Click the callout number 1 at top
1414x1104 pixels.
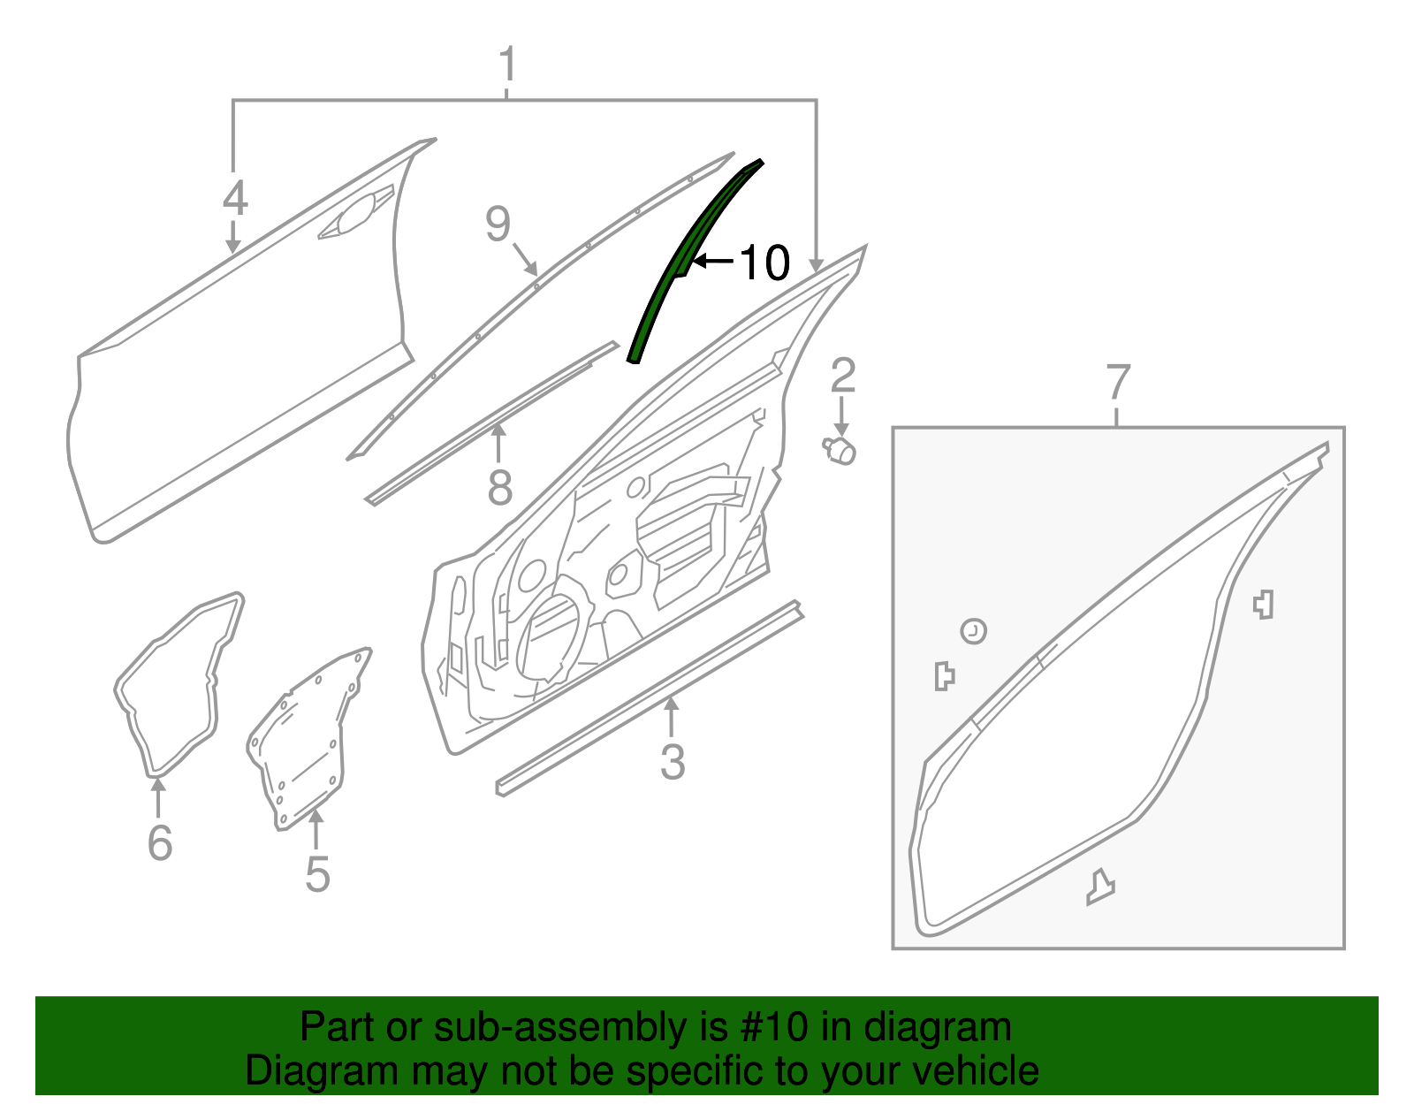tap(506, 65)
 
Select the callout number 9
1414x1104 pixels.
tap(498, 225)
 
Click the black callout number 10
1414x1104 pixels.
tap(764, 263)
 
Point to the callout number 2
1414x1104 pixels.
tap(842, 375)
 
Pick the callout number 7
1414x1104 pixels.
tap(1118, 383)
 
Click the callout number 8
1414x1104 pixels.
tap(499, 487)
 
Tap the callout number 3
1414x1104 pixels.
tap(672, 761)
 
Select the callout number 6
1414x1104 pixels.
tap(159, 841)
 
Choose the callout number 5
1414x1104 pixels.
tap(317, 873)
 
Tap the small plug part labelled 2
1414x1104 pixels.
tap(840, 451)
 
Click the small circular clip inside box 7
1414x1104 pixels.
tap(973, 631)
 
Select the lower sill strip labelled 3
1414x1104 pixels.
tap(650, 698)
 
